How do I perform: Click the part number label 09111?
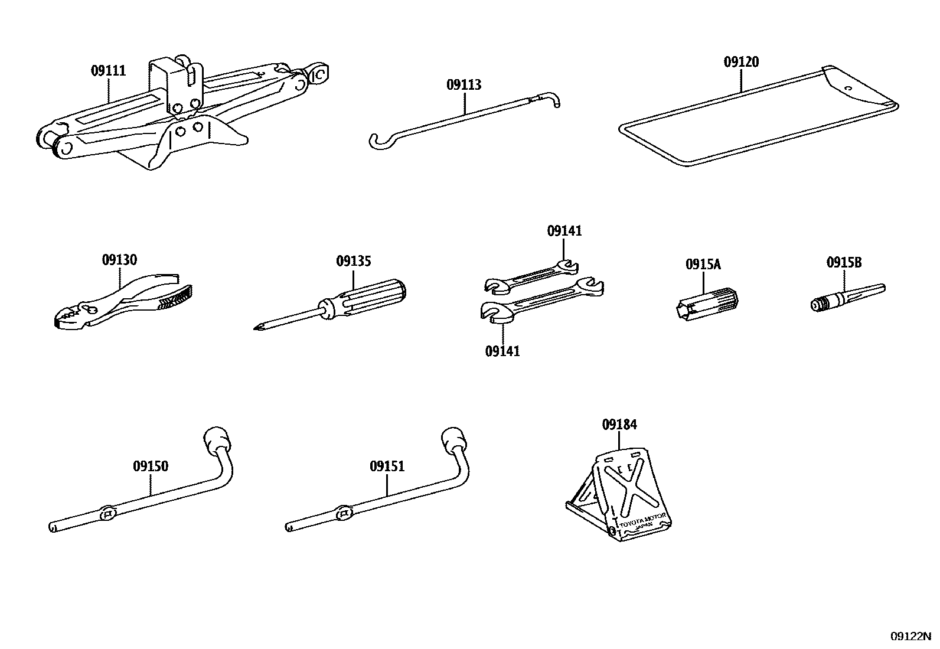[108, 71]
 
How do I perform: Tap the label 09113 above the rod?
[464, 85]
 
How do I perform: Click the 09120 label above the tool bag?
[741, 62]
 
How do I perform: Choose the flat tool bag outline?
[756, 118]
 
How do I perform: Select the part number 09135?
[354, 261]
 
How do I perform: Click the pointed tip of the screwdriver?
[256, 328]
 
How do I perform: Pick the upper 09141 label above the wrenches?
[564, 231]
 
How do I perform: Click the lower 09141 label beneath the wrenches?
[502, 351]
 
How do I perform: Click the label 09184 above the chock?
[619, 424]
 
